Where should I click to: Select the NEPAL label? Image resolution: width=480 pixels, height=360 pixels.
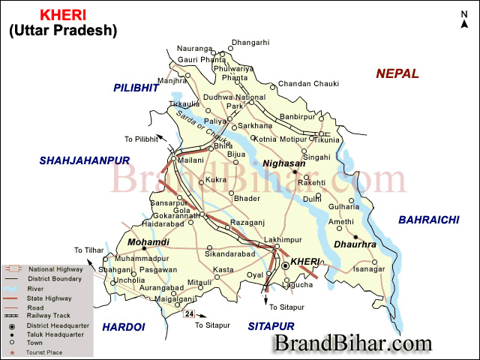(x=397, y=73)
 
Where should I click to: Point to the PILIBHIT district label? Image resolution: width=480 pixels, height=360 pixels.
(x=136, y=88)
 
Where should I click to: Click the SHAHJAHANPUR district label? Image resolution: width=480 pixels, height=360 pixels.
(x=85, y=160)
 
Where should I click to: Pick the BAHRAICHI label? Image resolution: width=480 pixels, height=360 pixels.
(x=427, y=219)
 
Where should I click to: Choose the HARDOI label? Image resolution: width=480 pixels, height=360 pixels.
(x=123, y=326)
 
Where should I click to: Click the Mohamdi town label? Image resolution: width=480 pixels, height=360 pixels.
(x=148, y=241)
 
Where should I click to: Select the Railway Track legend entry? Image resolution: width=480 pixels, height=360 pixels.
(x=48, y=316)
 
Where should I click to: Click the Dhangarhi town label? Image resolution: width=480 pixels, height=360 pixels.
(x=250, y=42)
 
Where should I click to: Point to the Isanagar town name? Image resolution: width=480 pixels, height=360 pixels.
(x=369, y=268)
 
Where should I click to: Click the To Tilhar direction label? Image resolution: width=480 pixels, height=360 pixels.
(x=88, y=250)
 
